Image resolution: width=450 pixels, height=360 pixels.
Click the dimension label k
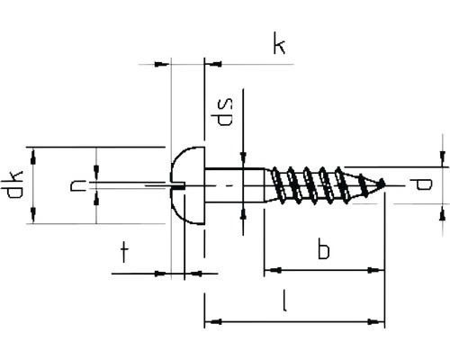click(x=279, y=43)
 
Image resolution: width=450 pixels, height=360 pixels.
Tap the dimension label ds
click(x=225, y=112)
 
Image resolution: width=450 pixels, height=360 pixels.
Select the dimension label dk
click(x=14, y=184)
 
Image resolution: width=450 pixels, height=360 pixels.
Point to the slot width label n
click(x=76, y=185)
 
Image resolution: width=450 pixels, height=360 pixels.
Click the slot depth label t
click(x=124, y=253)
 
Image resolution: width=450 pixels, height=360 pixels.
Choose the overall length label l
click(x=285, y=301)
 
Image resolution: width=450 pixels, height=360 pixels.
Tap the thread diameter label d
click(x=421, y=184)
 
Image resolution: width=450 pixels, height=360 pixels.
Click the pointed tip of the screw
click(x=384, y=184)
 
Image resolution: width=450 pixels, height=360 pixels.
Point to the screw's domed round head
click(x=187, y=185)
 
